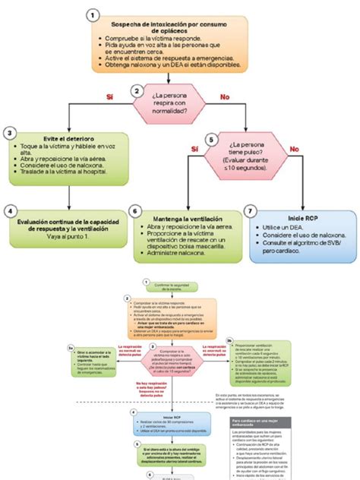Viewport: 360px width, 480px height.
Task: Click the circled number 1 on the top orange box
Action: (x=92, y=15)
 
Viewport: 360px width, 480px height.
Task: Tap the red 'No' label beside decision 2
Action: (x=225, y=97)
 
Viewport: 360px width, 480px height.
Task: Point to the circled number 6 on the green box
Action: (x=135, y=212)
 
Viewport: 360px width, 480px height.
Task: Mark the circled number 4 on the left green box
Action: (x=11, y=211)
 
